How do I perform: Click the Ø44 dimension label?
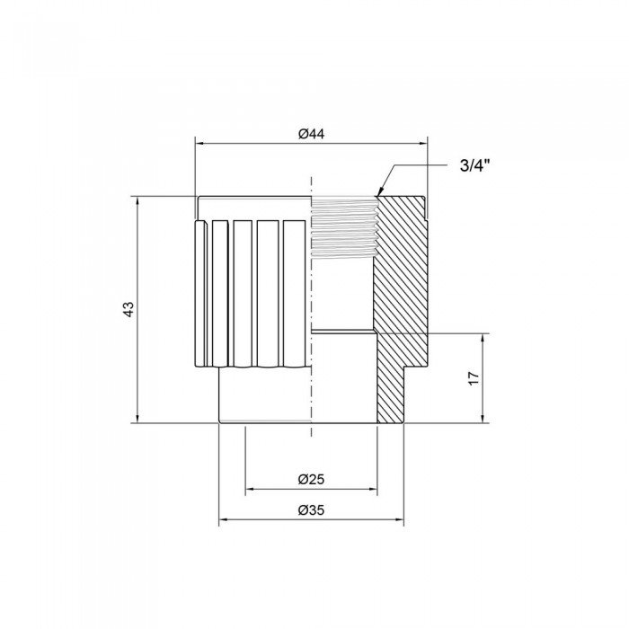point(311,134)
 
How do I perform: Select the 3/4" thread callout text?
point(476,165)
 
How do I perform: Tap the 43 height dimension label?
point(128,308)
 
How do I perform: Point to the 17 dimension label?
point(474,377)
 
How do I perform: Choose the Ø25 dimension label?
point(311,480)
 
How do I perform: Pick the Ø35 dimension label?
point(311,510)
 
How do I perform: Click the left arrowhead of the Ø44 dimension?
point(199,143)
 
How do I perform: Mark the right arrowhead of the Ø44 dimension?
point(424,143)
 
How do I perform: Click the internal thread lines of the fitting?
point(343,225)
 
